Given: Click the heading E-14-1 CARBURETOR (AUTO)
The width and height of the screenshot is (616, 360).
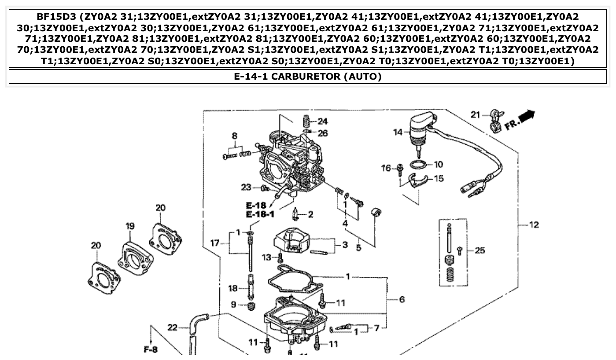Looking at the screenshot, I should [x=308, y=77].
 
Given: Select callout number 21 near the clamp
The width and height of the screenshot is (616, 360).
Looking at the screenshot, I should [x=476, y=115].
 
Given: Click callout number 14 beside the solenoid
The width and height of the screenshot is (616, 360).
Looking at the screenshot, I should [x=398, y=132].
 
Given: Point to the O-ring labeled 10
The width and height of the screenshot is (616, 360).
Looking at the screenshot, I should [x=418, y=165].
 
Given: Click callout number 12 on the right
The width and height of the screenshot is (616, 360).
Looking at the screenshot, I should [x=534, y=225].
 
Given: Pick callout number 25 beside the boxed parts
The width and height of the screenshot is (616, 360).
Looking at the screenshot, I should [x=480, y=250].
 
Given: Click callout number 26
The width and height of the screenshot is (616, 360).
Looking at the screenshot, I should [x=323, y=133].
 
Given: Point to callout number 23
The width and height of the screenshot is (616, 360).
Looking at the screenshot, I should [x=246, y=187].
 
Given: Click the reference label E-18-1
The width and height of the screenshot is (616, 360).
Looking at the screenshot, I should [x=260, y=214].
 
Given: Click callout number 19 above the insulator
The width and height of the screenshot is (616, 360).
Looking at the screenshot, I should [x=129, y=226].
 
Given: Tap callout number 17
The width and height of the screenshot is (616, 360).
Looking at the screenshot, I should [x=214, y=242].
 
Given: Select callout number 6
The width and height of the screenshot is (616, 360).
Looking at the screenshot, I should [x=402, y=300].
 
